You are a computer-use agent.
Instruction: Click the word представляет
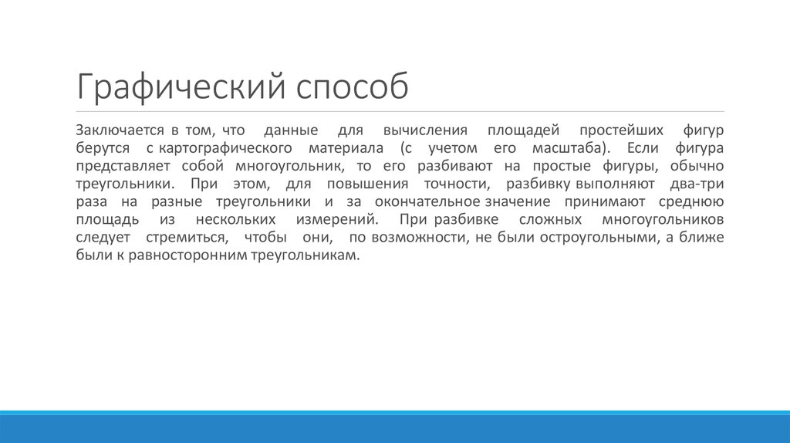click(x=122, y=165)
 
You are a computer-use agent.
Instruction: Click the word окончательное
click(x=428, y=201)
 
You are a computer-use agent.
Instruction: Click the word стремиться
click(x=193, y=238)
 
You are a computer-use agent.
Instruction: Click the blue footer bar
click(x=395, y=428)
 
